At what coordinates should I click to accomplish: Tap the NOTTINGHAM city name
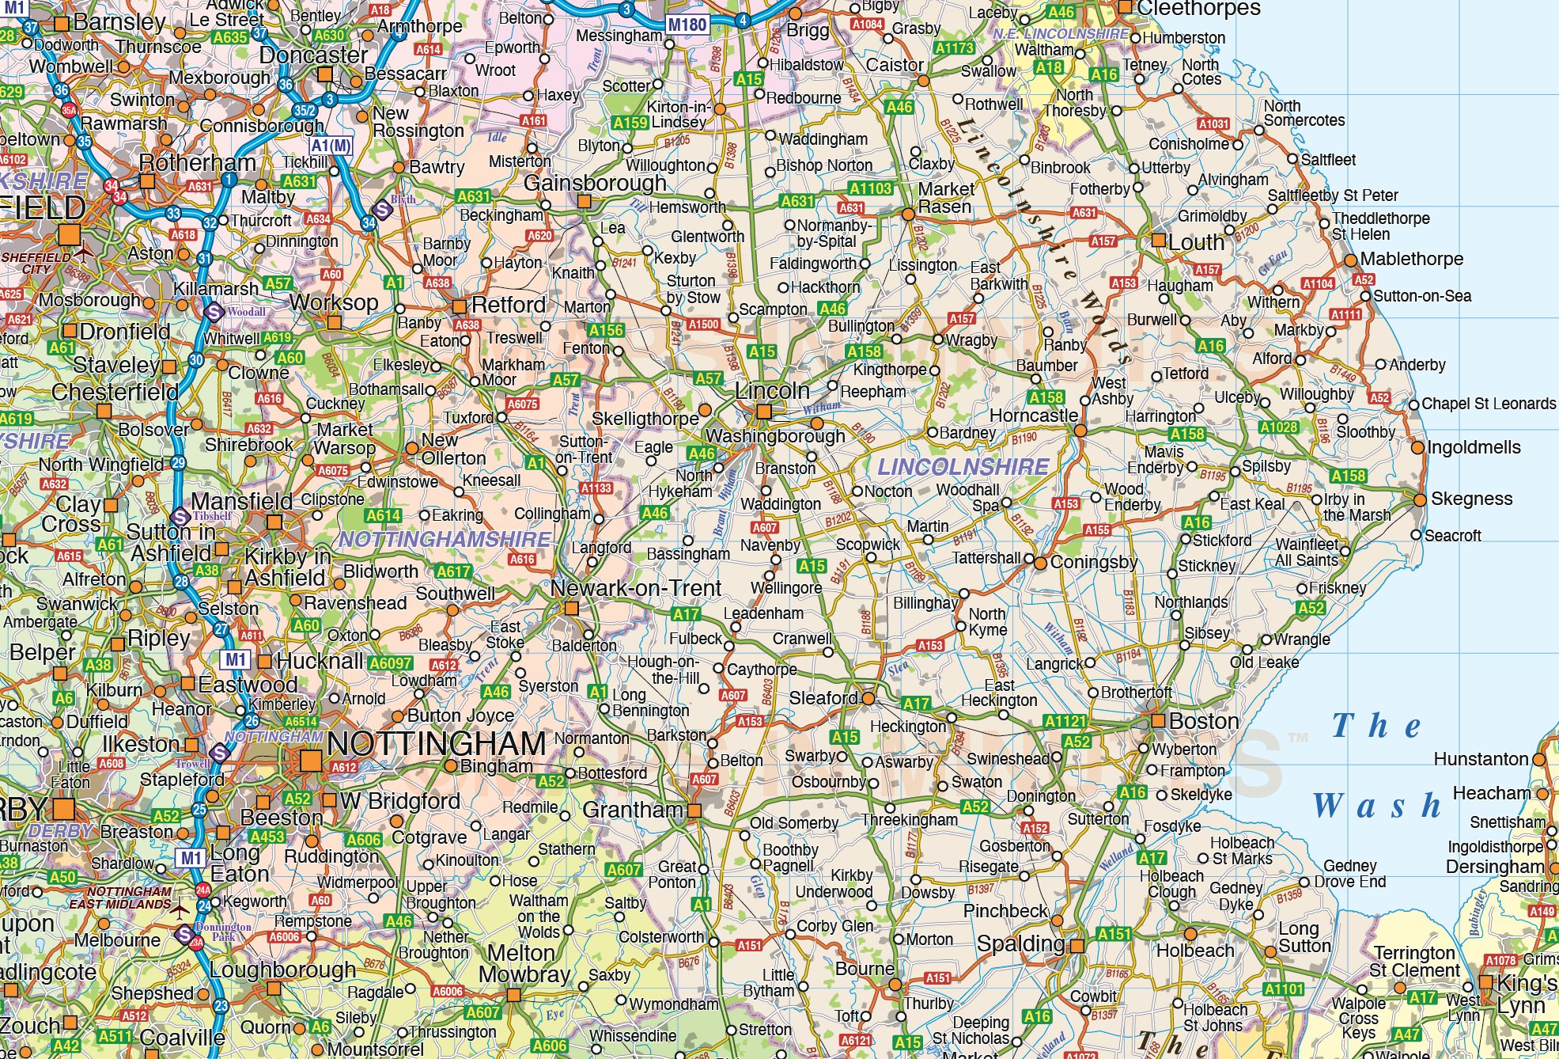(436, 744)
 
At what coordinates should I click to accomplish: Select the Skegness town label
(1471, 499)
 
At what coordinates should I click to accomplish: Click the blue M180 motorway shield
(687, 25)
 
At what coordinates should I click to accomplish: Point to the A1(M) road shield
(330, 146)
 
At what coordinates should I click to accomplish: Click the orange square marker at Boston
(1158, 721)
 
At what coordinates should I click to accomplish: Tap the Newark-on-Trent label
(636, 588)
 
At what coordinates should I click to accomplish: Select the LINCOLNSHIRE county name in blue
(963, 467)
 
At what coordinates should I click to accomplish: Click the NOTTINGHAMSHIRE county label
(445, 539)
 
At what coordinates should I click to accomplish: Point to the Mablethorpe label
(1411, 259)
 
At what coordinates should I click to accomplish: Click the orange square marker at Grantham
(694, 810)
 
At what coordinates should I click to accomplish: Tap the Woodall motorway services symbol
(213, 312)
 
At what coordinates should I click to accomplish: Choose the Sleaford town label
(823, 698)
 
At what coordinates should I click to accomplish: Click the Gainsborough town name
(595, 183)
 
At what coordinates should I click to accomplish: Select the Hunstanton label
(1481, 759)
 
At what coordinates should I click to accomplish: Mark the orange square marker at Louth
(1159, 241)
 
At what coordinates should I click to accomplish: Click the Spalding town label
(1020, 943)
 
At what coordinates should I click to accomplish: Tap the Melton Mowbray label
(524, 964)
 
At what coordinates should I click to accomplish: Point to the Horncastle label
(1033, 416)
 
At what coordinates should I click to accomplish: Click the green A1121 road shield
(1065, 721)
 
